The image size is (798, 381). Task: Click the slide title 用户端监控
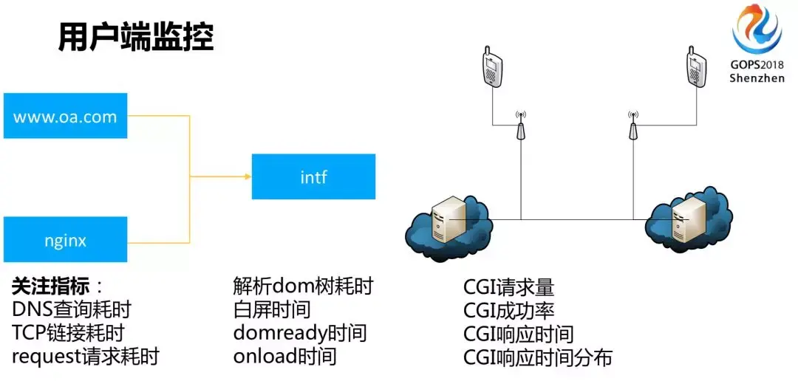click(x=136, y=37)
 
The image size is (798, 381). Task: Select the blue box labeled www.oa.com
click(x=65, y=116)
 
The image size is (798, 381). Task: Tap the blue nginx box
click(x=65, y=240)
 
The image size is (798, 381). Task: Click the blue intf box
click(x=313, y=176)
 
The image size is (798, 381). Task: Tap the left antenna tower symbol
click(x=521, y=127)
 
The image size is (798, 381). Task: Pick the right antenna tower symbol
click(x=632, y=127)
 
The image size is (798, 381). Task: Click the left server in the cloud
click(x=448, y=221)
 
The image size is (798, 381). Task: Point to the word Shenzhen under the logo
click(x=757, y=78)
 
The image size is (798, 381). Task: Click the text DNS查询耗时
click(x=72, y=309)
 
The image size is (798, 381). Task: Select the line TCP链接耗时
click(x=68, y=332)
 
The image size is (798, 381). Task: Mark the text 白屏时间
click(x=272, y=309)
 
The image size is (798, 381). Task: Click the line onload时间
click(x=284, y=357)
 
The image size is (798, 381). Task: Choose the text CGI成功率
click(x=508, y=310)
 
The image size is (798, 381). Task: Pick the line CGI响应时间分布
click(x=538, y=358)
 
